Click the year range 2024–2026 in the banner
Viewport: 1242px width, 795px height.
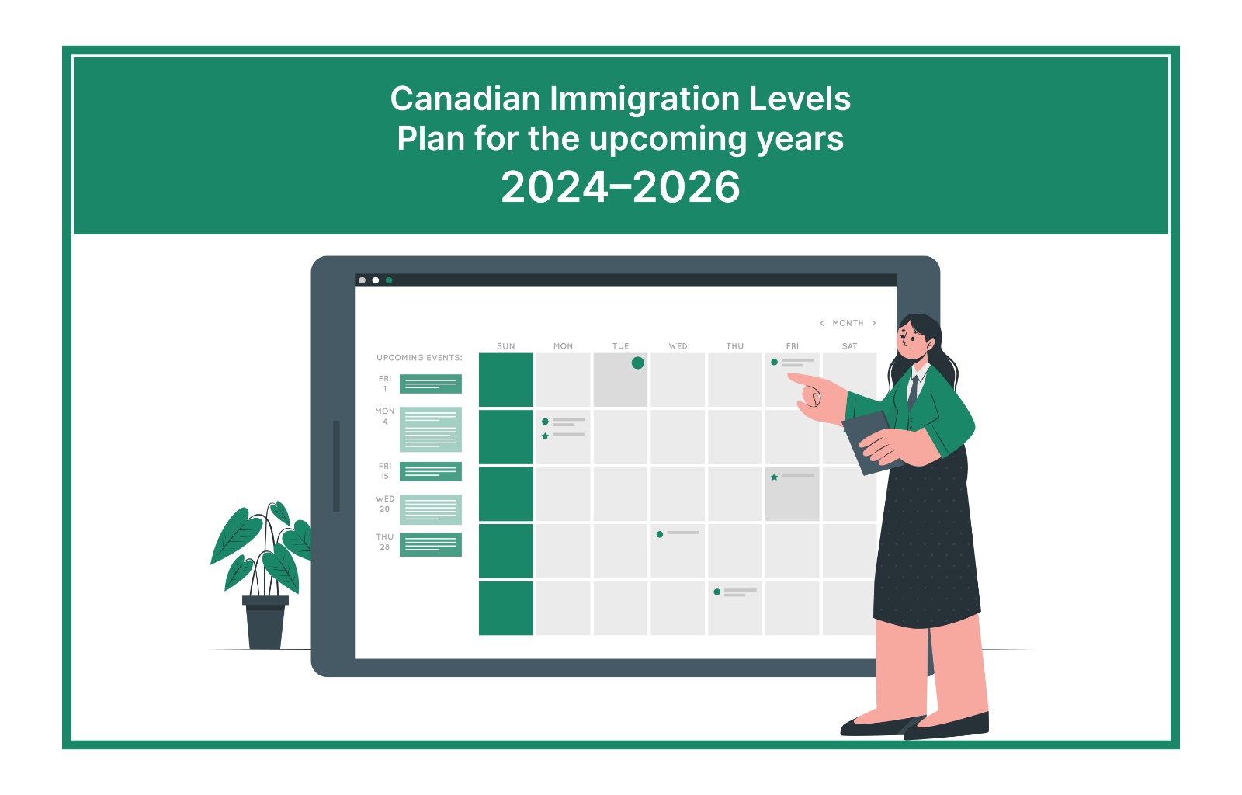620,187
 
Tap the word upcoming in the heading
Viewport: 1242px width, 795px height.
668,140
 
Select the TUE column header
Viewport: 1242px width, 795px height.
620,346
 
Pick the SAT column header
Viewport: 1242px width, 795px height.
849,346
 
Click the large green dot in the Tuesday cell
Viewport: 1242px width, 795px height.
637,363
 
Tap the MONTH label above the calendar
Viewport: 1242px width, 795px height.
848,323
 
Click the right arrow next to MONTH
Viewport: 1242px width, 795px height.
874,323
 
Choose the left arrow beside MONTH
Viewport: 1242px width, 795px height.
822,323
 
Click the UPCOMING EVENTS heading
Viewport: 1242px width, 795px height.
419,358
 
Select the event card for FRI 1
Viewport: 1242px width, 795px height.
430,384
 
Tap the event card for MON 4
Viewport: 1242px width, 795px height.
430,429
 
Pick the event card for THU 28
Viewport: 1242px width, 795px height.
430,544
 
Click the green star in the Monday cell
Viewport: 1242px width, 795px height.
545,436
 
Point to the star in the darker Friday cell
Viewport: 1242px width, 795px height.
774,477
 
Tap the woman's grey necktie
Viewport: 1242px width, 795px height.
913,391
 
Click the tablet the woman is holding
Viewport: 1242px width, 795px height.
869,442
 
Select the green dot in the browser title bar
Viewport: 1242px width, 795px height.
389,280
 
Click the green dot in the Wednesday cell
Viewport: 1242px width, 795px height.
659,534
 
